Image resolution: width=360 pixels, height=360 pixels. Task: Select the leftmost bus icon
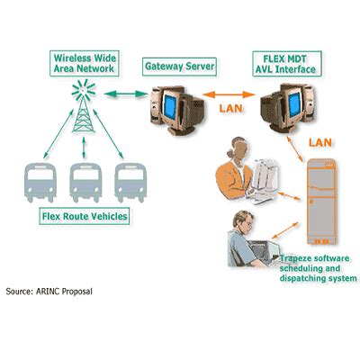pos(39,183)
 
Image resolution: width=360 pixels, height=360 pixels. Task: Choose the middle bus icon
pos(85,183)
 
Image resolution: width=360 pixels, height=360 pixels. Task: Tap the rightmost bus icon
pos(130,183)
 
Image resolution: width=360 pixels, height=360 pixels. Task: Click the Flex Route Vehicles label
pos(85,217)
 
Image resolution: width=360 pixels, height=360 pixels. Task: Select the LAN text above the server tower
pos(321,142)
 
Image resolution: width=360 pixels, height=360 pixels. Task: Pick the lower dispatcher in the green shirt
pos(245,234)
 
